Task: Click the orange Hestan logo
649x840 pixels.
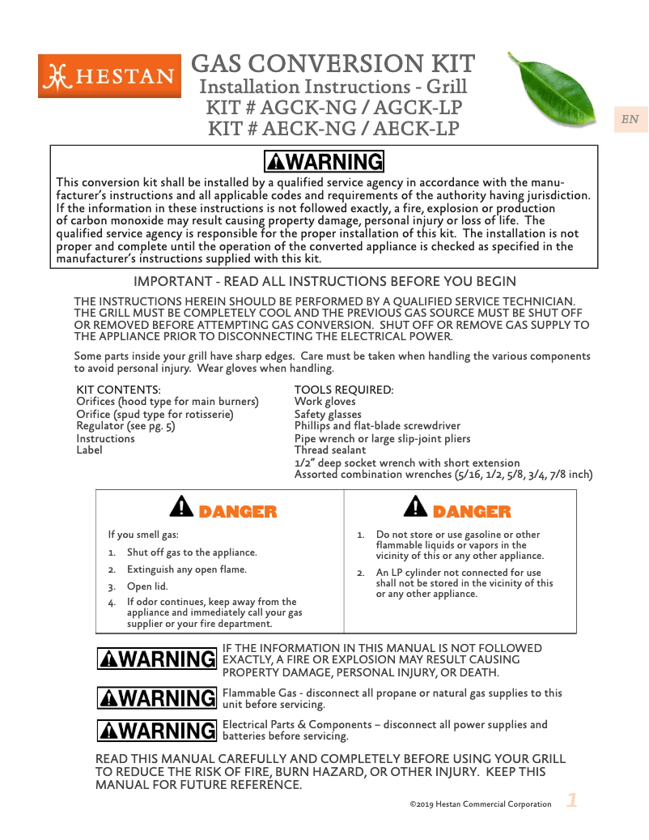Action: tap(109, 76)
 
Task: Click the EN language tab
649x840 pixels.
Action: tap(630, 120)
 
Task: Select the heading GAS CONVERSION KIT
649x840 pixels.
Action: tap(333, 63)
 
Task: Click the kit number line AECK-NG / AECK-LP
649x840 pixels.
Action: tap(333, 129)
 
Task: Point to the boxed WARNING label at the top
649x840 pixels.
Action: tap(324, 162)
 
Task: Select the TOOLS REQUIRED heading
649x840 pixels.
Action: tap(344, 390)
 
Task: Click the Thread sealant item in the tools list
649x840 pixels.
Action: tap(329, 450)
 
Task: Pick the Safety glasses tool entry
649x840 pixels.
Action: tap(328, 415)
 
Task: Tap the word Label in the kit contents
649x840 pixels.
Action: tap(89, 450)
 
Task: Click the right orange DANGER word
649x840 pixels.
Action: tap(472, 512)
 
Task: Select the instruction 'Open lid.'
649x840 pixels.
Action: tap(147, 586)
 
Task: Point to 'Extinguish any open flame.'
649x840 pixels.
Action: tap(187, 569)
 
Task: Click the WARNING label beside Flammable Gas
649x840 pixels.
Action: tap(157, 697)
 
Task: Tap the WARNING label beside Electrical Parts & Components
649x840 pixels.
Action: tap(157, 731)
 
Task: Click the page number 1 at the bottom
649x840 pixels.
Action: tap(571, 801)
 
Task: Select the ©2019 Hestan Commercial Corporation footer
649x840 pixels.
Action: tap(481, 804)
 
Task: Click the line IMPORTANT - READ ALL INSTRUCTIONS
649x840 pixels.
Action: tap(324, 282)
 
